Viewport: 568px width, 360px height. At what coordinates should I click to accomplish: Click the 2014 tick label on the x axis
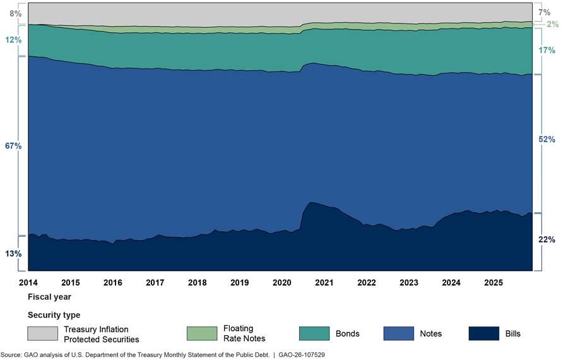tap(28, 282)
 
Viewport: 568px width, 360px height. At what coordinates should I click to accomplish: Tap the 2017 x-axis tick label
tap(155, 282)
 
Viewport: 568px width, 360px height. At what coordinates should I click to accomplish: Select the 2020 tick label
tap(282, 282)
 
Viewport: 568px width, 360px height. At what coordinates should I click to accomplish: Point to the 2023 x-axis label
tap(409, 282)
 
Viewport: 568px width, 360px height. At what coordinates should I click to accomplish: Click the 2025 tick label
tap(494, 282)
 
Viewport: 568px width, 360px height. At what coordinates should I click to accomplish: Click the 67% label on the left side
tap(13, 146)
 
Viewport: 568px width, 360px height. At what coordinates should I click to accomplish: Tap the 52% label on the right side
tap(547, 140)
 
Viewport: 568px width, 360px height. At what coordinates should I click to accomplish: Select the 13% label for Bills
tap(13, 253)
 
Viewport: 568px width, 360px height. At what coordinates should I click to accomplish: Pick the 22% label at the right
tap(547, 239)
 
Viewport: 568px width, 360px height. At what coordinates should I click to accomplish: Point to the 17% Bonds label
tap(547, 50)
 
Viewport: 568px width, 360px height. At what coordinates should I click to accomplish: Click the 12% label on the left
tap(13, 40)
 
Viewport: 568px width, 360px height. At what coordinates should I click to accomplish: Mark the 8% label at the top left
tap(15, 13)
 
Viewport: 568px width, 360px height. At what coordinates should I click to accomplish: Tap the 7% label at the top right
tap(545, 12)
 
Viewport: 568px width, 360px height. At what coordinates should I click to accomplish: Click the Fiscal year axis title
tap(49, 296)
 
